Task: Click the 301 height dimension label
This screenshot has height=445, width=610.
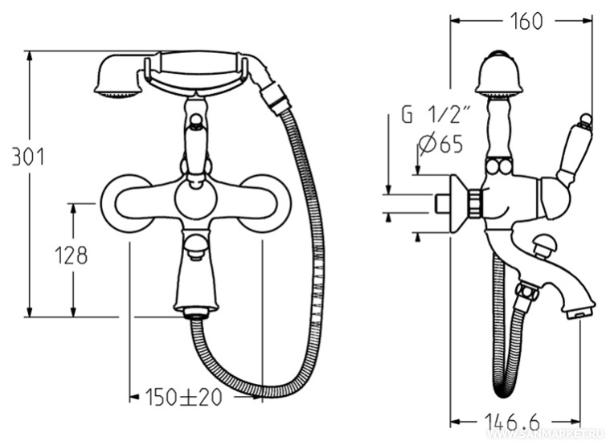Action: (x=28, y=156)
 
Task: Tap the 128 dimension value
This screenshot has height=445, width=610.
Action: (x=71, y=256)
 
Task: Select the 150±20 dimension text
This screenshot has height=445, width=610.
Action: (x=183, y=397)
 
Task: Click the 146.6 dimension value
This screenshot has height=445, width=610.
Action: (x=513, y=422)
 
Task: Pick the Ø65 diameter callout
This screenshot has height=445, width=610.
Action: (x=441, y=145)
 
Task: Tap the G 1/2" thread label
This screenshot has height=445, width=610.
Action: (x=436, y=115)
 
